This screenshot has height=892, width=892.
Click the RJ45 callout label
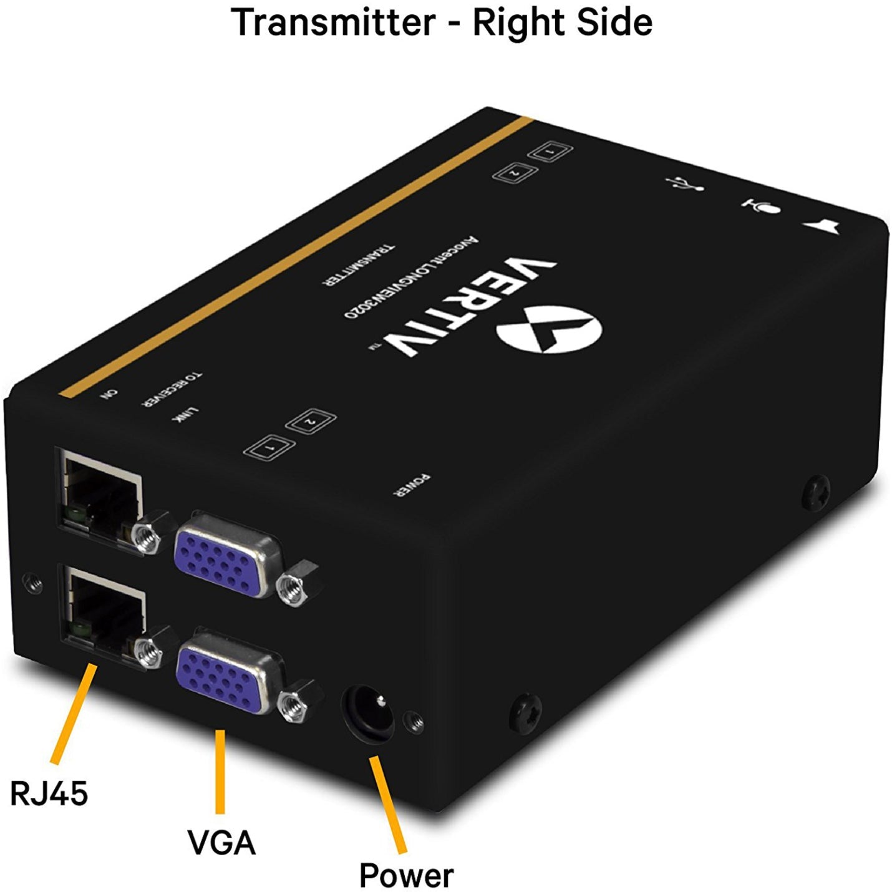point(49,793)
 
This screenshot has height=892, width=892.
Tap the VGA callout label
point(221,842)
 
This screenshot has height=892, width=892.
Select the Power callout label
point(406,875)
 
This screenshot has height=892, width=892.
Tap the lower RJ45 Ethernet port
point(104,611)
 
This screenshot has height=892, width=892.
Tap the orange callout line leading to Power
point(388,805)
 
